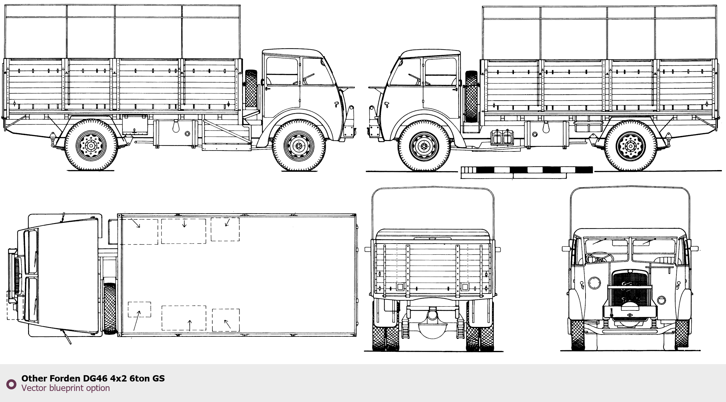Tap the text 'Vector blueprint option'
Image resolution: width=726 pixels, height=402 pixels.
66,388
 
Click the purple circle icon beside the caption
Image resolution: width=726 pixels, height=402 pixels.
11,384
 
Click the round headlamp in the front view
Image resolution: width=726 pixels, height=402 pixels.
594,283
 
